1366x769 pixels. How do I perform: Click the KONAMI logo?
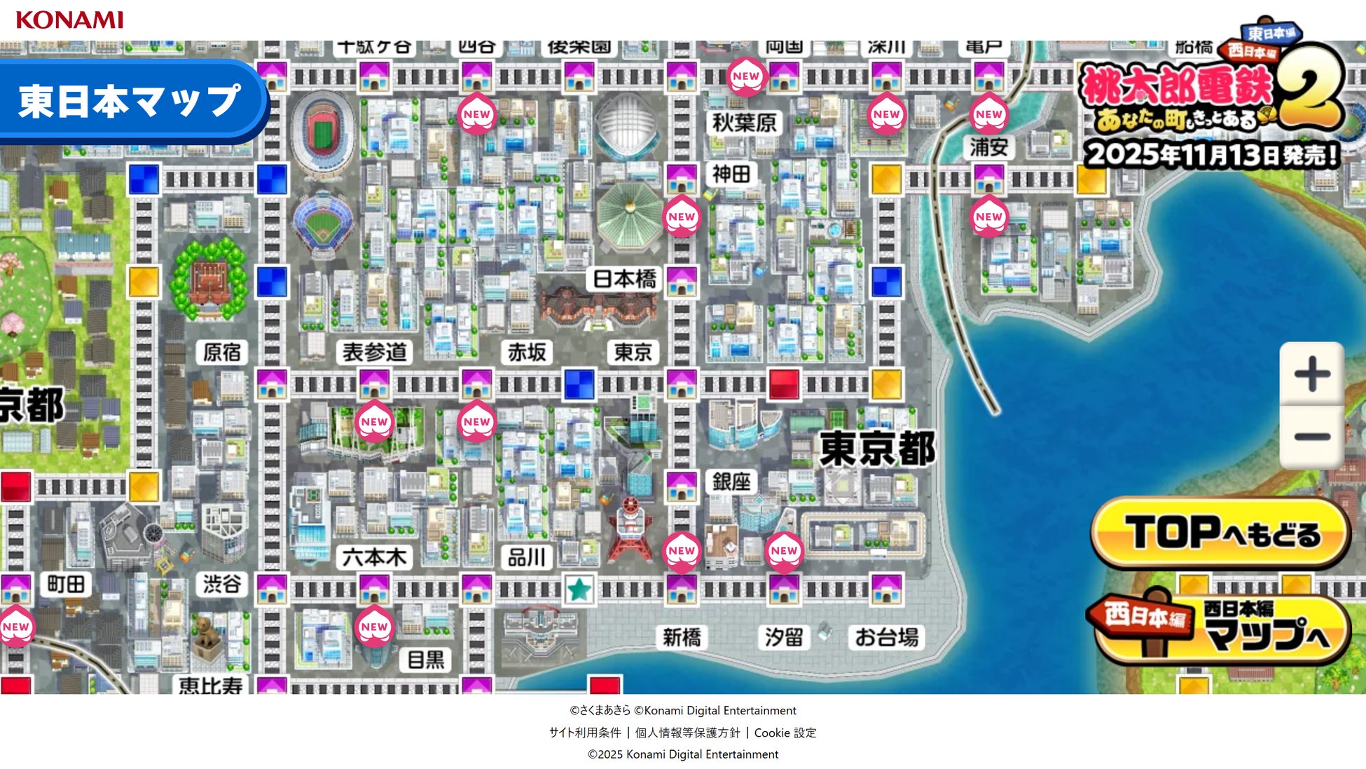[69, 20]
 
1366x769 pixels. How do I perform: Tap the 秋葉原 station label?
[744, 123]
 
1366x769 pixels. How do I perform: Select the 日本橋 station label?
[624, 279]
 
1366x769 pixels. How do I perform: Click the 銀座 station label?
[731, 482]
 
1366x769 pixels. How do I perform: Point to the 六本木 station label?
[374, 557]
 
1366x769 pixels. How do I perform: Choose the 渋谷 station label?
[222, 584]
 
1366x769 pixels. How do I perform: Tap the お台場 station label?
[886, 637]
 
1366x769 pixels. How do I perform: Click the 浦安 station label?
[988, 147]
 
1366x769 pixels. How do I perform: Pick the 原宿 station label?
[222, 352]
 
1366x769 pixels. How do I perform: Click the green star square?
[579, 590]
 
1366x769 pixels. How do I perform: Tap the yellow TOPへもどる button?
[1221, 533]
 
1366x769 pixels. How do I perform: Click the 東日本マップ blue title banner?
[130, 102]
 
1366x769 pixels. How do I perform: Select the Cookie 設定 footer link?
[785, 733]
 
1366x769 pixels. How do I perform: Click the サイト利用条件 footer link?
[585, 733]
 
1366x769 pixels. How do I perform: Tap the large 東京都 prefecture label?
[877, 449]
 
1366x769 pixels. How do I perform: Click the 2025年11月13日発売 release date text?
[1211, 154]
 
